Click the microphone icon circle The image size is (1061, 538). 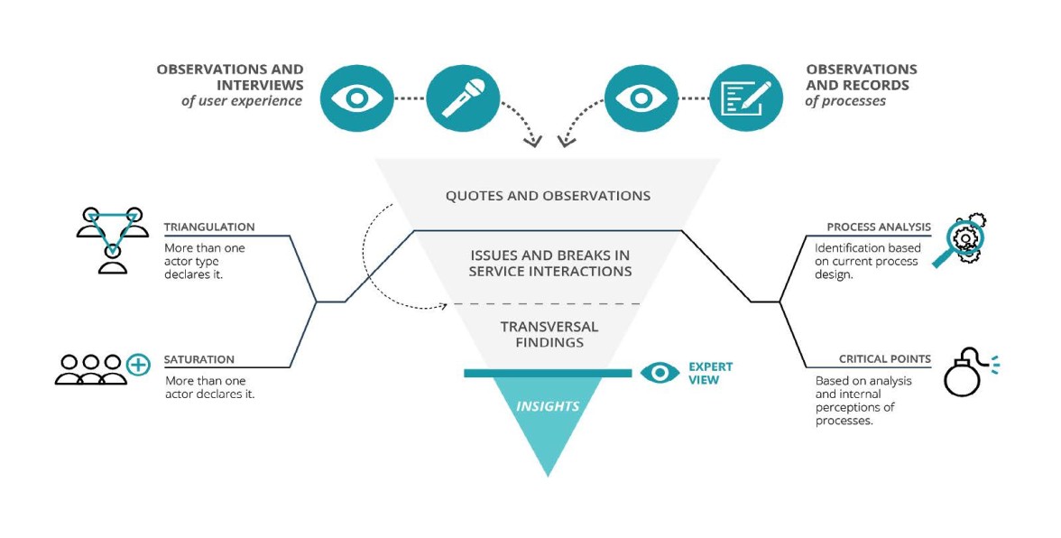tap(463, 97)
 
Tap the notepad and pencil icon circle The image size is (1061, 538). tap(746, 97)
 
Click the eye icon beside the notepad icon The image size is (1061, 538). tap(641, 97)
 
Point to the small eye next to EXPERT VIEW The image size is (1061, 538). tap(660, 372)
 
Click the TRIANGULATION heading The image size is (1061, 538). tap(209, 227)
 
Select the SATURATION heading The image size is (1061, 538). tap(199, 359)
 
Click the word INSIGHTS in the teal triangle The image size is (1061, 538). tap(548, 406)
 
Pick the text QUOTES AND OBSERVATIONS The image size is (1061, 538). tap(548, 196)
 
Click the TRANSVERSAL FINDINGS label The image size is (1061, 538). tap(549, 334)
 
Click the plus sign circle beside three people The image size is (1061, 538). tap(137, 365)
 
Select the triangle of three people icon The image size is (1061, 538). tap(112, 237)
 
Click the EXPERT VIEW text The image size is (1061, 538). tap(710, 373)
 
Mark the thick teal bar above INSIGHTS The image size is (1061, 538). tap(548, 373)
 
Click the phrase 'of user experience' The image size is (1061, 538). tap(242, 101)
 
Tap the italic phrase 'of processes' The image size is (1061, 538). tap(845, 101)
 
